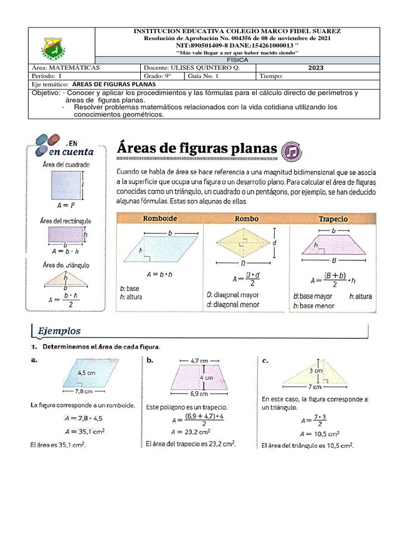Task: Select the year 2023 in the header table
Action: (316, 68)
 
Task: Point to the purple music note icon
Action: (293, 151)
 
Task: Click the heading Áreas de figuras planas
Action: (196, 149)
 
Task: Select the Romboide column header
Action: (160, 218)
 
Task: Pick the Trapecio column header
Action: (333, 218)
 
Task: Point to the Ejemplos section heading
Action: (59, 331)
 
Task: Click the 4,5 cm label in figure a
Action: (86, 372)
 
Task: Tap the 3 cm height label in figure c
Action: (315, 370)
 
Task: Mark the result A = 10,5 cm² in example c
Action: (320, 434)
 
